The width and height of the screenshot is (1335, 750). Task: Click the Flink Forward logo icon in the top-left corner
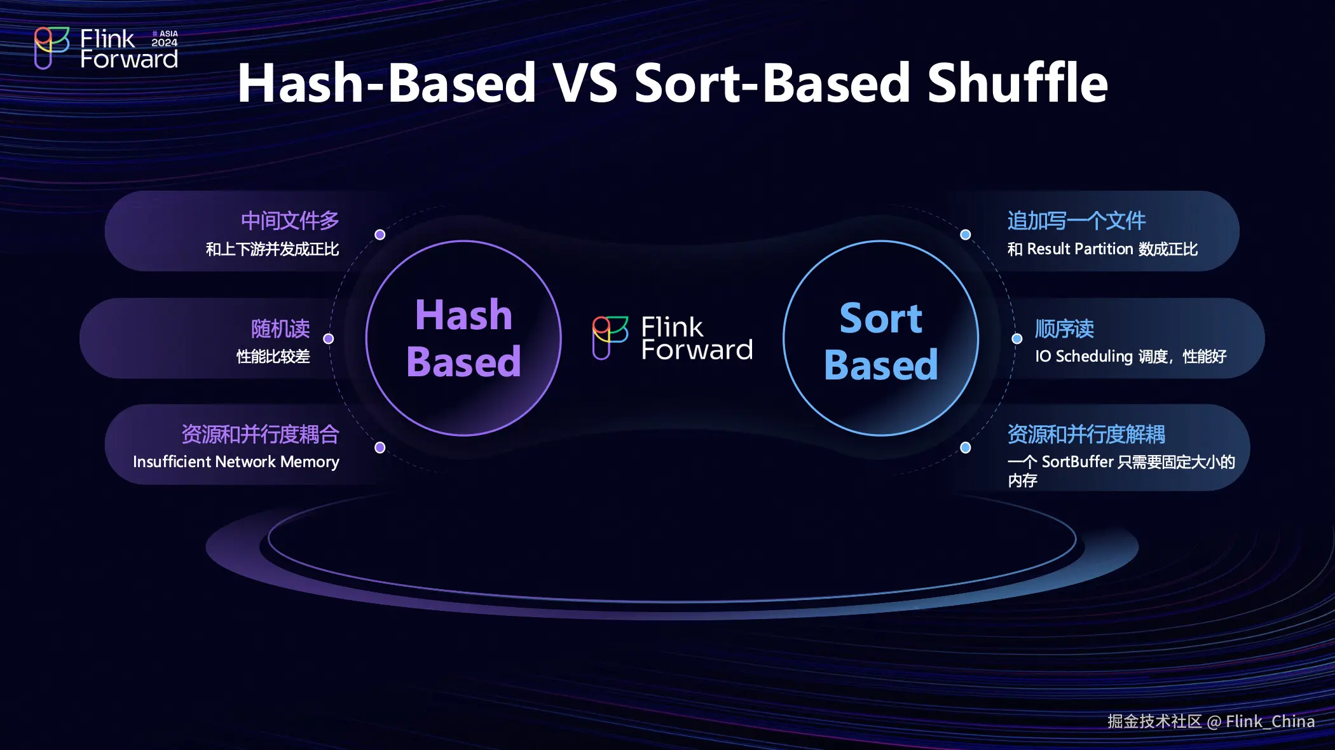click(51, 48)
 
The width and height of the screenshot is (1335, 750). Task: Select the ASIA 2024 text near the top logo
click(165, 38)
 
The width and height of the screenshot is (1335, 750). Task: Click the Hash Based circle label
click(463, 338)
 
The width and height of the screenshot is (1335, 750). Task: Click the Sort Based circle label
click(880, 341)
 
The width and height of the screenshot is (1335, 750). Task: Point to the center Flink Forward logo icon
click(610, 337)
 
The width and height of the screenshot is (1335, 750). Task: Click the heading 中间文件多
click(290, 221)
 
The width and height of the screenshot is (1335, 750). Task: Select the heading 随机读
click(280, 329)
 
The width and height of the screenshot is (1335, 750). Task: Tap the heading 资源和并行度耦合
click(260, 434)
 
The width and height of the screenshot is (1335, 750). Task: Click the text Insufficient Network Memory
click(236, 462)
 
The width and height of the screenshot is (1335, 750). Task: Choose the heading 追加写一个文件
click(1076, 221)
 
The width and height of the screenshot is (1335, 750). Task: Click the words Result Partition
click(1080, 249)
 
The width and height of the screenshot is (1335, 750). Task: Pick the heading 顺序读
click(1064, 329)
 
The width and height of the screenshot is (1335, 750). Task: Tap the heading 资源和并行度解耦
click(1086, 434)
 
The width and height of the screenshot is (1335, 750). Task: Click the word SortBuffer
click(1078, 462)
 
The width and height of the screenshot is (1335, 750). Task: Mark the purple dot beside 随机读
click(329, 339)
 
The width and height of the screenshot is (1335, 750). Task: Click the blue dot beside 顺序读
click(1017, 339)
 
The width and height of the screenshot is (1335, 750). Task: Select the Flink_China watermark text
click(1270, 721)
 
